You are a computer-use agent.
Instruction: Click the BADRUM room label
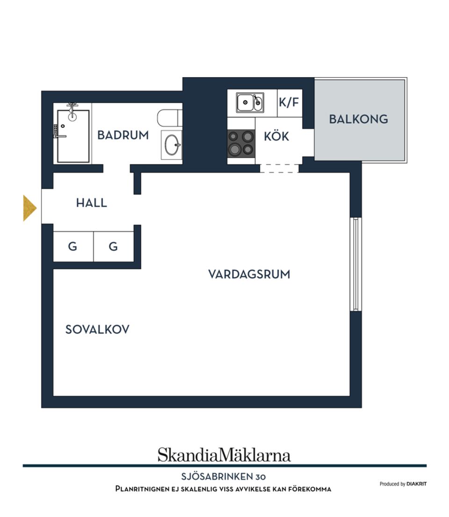click(123, 135)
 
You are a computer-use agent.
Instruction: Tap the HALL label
click(92, 203)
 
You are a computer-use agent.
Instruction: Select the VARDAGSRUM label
click(249, 274)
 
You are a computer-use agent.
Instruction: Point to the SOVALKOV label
click(97, 329)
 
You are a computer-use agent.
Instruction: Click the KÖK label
click(276, 137)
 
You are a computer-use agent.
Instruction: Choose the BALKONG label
click(358, 119)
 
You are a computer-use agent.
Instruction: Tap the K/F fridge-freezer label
click(289, 102)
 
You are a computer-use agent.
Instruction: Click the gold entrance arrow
click(29, 208)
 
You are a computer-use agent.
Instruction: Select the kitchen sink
click(250, 102)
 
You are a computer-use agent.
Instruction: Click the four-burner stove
click(241, 143)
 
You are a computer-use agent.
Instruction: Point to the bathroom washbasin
click(172, 145)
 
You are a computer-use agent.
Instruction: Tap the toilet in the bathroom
click(169, 117)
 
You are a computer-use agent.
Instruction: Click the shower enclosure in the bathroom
click(73, 136)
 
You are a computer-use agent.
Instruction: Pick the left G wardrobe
click(73, 246)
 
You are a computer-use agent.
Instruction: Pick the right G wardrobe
click(114, 246)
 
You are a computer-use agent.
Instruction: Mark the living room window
click(355, 264)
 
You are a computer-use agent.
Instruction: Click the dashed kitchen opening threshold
click(279, 168)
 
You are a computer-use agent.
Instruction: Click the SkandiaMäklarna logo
click(224, 455)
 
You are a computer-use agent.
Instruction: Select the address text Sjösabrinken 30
click(224, 477)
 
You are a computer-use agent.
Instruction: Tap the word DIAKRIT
click(416, 484)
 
